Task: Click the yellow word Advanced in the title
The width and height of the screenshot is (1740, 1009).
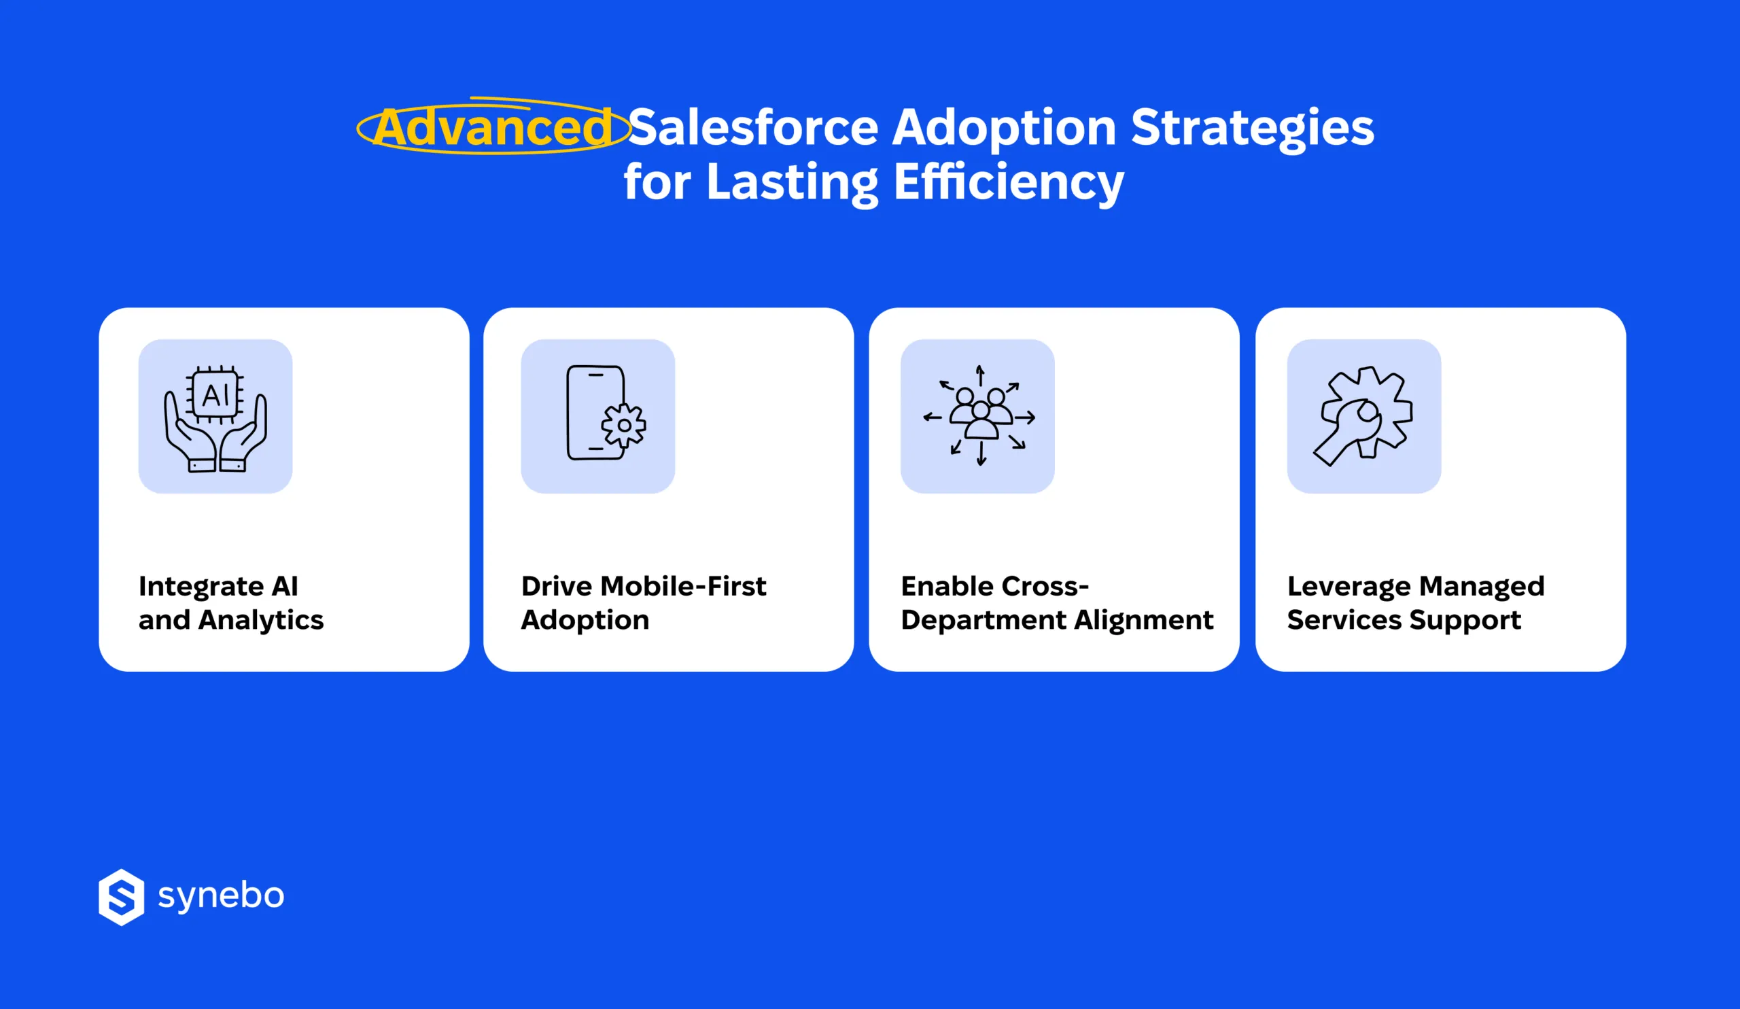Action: point(493,128)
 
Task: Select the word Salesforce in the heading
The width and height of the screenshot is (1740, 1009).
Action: point(753,128)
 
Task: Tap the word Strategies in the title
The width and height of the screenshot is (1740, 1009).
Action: point(1252,128)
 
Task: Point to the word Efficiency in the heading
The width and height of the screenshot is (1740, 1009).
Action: point(1009,182)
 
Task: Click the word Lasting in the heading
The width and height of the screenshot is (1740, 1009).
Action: point(792,182)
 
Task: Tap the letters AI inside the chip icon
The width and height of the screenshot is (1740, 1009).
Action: point(215,396)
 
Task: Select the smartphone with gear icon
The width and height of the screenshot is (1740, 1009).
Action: point(598,415)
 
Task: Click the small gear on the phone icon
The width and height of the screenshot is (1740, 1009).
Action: point(623,426)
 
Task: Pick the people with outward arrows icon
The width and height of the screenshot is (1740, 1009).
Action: point(979,415)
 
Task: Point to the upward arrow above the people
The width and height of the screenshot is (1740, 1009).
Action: point(980,375)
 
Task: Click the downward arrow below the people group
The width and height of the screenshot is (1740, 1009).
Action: point(981,454)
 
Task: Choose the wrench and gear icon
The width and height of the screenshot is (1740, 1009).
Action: point(1363,415)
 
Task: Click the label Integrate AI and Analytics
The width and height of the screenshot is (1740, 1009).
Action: point(230,603)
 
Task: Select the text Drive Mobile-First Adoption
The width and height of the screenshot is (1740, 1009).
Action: point(643,603)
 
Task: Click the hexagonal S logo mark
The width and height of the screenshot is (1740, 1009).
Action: point(122,896)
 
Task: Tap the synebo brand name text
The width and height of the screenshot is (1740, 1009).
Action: point(221,895)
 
